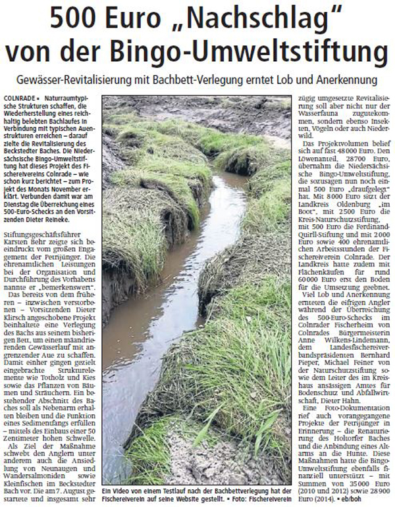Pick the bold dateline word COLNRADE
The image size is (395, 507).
click(19, 97)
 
